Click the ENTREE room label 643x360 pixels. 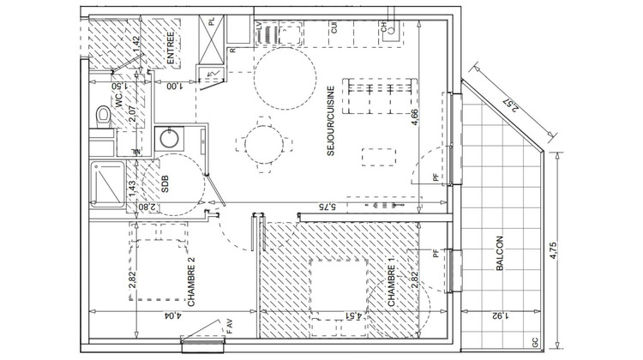pyautogui.click(x=171, y=49)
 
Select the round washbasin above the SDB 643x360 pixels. pyautogui.click(x=168, y=138)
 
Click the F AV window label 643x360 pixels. pyautogui.click(x=230, y=327)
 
